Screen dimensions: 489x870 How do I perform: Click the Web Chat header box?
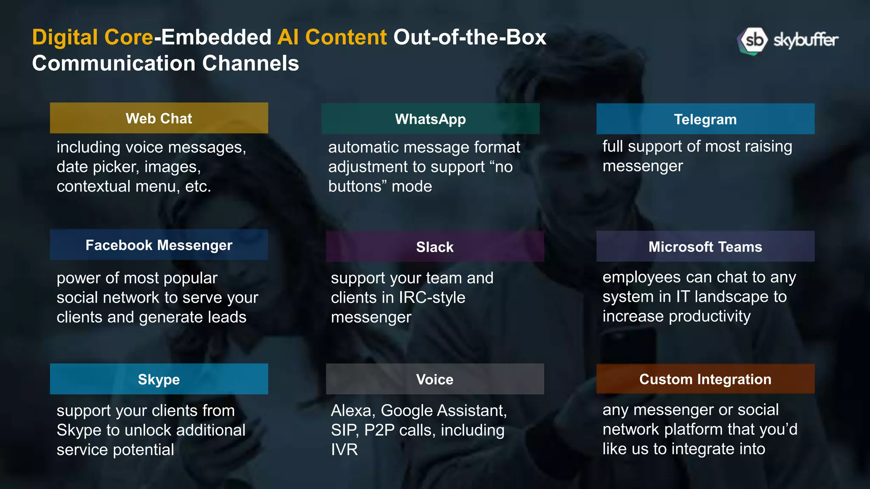click(x=159, y=118)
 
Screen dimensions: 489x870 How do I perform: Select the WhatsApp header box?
click(x=430, y=119)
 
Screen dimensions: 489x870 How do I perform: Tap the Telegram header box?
click(x=705, y=119)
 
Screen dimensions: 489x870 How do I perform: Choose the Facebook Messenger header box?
click(x=159, y=245)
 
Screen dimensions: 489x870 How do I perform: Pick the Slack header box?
click(x=435, y=247)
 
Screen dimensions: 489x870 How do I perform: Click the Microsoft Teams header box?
click(x=705, y=247)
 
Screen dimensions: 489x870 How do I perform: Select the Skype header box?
click(x=159, y=379)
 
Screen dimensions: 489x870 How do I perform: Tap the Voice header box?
click(x=435, y=379)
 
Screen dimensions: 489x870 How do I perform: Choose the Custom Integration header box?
click(x=705, y=379)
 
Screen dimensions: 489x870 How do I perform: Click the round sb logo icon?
click(x=753, y=41)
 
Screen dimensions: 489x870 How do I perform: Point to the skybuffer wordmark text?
click(x=805, y=40)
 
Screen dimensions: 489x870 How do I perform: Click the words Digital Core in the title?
click(x=93, y=37)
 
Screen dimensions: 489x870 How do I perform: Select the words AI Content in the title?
click(x=332, y=37)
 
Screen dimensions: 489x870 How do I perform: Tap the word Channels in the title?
click(x=250, y=64)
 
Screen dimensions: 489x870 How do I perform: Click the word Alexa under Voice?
click(x=352, y=410)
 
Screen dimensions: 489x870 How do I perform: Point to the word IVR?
click(x=344, y=450)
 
